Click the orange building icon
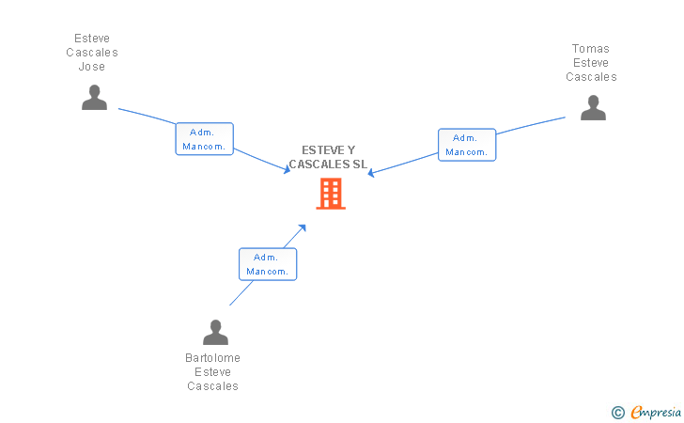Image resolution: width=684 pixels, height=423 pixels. (331, 194)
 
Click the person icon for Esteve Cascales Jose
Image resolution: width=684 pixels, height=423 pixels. (94, 98)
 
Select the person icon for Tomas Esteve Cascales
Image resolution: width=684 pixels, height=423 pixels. (593, 107)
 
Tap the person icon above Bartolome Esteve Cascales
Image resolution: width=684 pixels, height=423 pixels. (215, 333)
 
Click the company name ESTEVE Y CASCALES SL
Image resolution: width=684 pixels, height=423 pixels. (328, 158)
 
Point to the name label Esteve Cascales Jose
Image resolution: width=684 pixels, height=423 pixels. (92, 53)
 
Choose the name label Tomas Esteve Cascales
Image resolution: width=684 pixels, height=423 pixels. (591, 63)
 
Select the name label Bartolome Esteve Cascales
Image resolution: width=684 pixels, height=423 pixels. (213, 372)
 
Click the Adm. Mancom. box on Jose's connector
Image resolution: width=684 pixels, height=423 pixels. (204, 139)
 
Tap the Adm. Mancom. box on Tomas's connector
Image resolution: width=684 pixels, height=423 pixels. (466, 145)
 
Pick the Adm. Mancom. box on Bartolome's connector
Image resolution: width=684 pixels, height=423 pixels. (268, 264)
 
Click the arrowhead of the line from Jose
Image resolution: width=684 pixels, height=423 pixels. (288, 170)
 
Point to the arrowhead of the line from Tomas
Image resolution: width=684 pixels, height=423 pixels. (371, 173)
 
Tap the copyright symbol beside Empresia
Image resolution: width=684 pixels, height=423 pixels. (617, 412)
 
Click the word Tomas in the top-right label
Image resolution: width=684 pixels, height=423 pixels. (591, 49)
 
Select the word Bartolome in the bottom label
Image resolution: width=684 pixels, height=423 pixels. (213, 358)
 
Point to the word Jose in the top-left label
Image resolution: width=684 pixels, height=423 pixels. (92, 67)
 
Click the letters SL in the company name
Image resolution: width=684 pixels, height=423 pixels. (358, 164)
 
